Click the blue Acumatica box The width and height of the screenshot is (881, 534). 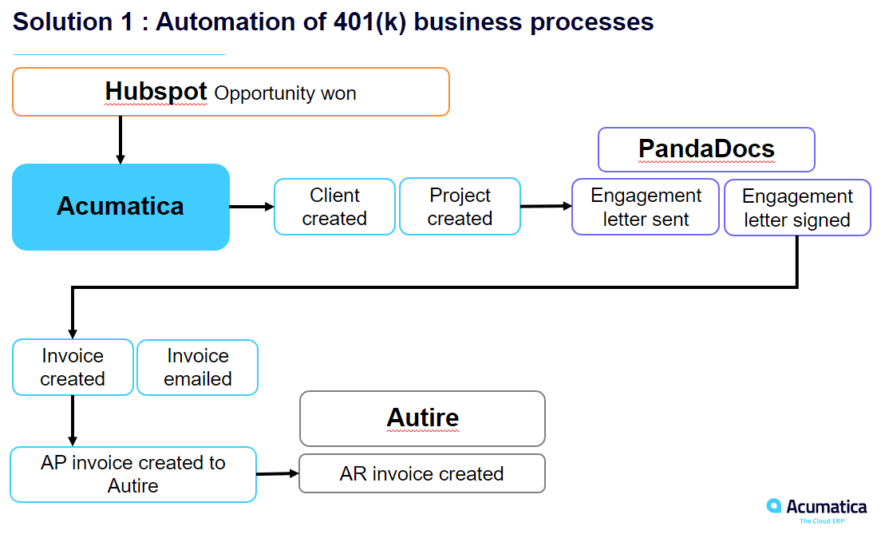[x=120, y=207]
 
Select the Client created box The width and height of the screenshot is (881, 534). [x=334, y=207]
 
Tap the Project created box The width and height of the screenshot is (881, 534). [x=460, y=207]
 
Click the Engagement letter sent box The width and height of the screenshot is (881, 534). [x=645, y=208]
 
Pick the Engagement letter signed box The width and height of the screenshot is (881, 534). [x=796, y=208]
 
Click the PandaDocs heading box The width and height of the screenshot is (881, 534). [x=706, y=149]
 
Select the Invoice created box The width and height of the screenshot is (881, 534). [x=73, y=367]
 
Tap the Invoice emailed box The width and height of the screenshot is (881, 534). [x=197, y=367]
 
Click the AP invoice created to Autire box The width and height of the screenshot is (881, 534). [x=133, y=474]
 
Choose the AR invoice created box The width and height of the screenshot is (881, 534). [x=421, y=473]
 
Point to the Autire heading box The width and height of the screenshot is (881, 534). [x=422, y=417]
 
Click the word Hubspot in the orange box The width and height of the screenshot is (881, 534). [x=156, y=92]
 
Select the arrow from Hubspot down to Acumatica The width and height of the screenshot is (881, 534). [x=120, y=140]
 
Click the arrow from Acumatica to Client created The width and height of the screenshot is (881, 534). [x=251, y=207]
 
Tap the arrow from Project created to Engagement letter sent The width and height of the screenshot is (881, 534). [x=546, y=206]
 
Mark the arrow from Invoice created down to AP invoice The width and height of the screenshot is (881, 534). [x=73, y=420]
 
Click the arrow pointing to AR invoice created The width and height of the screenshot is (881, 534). [x=277, y=473]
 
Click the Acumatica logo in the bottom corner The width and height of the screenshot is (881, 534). [x=816, y=509]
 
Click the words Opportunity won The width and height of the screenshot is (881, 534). [x=285, y=93]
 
